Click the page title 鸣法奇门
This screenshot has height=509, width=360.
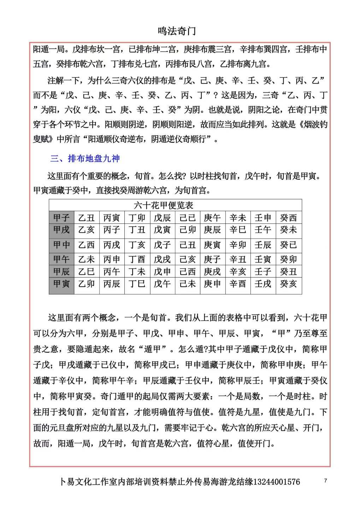176,31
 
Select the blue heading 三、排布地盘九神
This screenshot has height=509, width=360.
85,159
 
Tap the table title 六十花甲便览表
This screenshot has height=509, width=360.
164,205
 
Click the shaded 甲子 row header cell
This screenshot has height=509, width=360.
61,218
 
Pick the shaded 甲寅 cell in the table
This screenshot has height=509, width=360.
61,284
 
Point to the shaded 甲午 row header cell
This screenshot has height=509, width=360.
61,259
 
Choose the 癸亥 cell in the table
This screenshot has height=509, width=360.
288,284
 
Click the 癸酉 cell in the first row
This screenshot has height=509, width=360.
288,218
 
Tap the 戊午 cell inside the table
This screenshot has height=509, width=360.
162,284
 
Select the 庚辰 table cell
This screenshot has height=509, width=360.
212,230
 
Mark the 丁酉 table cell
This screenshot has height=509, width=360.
137,259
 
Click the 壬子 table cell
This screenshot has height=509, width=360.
263,271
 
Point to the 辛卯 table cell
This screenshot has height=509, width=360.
237,245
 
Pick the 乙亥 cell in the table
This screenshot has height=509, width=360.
87,230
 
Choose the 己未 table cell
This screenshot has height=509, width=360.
187,284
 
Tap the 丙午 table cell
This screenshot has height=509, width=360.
112,271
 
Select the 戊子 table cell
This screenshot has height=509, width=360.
162,245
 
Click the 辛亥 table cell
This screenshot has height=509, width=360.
237,271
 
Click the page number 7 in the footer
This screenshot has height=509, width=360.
325,480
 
